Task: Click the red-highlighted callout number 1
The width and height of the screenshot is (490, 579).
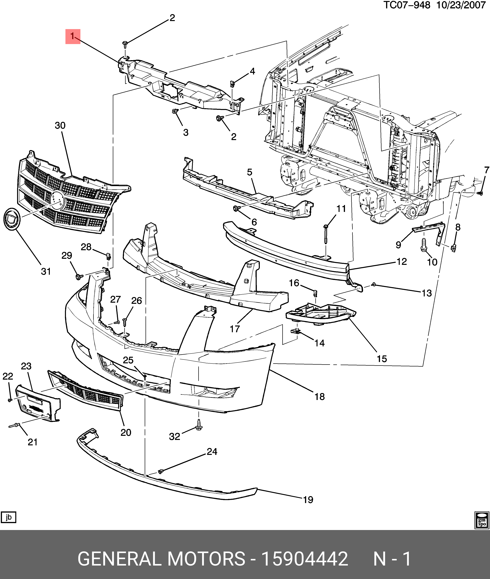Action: point(73,36)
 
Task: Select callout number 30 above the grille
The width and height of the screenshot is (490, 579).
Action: point(60,126)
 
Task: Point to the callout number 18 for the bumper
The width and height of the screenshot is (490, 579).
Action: point(319,397)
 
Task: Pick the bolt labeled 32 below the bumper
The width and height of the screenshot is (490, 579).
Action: point(199,425)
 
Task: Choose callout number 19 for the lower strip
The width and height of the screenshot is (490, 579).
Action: point(308,500)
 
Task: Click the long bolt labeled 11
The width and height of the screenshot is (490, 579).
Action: point(326,233)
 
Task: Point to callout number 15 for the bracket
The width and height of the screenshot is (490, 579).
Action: point(382,359)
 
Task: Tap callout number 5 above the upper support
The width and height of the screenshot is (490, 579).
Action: point(249,172)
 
